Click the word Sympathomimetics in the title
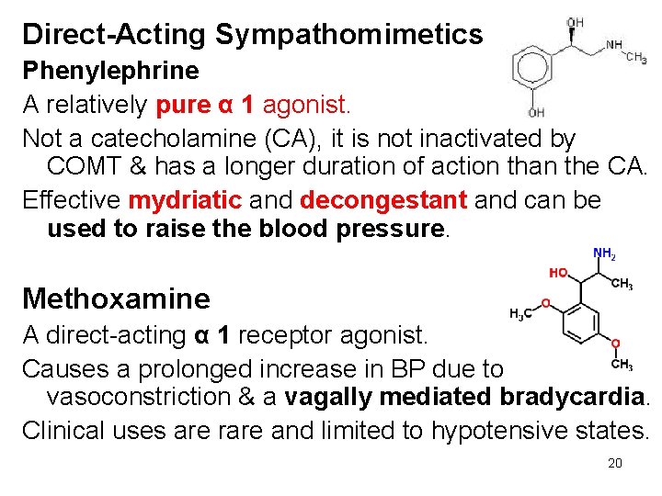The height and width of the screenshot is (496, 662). (x=348, y=35)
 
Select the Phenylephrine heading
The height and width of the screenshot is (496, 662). (x=110, y=71)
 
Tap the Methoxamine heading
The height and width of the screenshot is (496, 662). (x=116, y=299)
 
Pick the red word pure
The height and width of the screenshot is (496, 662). (x=183, y=105)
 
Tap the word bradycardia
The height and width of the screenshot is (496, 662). (x=574, y=398)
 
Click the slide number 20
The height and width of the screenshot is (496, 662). (x=615, y=463)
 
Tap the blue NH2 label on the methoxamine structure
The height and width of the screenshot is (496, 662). (x=604, y=254)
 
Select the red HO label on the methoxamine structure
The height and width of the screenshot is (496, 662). (x=558, y=273)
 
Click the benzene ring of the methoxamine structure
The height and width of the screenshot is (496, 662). (x=580, y=322)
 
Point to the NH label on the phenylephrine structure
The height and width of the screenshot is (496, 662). (x=613, y=45)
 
